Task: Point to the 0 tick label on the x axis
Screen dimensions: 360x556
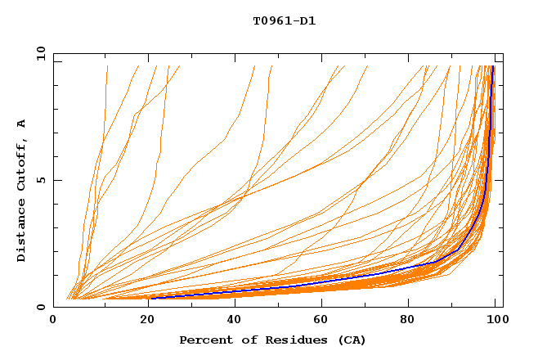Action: click(x=53, y=320)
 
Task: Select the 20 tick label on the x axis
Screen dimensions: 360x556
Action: click(x=143, y=320)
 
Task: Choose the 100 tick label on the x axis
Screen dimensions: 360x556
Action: click(x=496, y=320)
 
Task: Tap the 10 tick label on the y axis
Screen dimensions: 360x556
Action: click(x=39, y=53)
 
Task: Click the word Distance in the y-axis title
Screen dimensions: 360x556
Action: click(x=21, y=232)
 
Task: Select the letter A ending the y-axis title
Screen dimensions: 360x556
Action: click(x=21, y=124)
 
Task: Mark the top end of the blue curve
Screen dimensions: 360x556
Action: click(x=493, y=67)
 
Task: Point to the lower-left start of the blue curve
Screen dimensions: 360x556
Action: click(x=151, y=298)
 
